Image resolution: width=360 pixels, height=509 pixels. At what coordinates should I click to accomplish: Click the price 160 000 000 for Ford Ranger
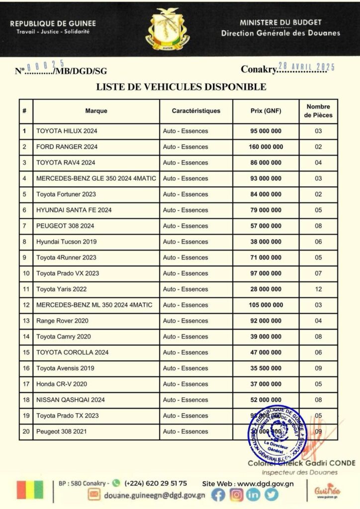pos(266,147)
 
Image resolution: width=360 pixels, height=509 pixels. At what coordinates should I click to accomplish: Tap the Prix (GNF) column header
pos(266,111)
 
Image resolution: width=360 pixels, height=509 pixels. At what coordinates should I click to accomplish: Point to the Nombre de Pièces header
pos(318,111)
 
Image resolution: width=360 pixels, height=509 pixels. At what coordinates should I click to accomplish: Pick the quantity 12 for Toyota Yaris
pos(318,289)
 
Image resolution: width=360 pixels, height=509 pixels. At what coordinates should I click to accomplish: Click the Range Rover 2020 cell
pos(55,321)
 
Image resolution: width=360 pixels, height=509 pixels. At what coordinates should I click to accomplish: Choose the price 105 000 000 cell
pos(266,305)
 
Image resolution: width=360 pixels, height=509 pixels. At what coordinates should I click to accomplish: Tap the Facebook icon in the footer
pos(219,495)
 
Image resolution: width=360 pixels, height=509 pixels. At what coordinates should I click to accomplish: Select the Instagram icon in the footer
pos(237,495)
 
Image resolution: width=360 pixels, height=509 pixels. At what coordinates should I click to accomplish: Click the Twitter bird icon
pos(271,495)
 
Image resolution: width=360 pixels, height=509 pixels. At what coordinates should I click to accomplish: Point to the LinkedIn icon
pos(254,495)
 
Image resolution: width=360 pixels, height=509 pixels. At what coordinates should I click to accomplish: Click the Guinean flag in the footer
pos(30,490)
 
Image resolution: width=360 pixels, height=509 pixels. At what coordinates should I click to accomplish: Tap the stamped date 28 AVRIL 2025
pos(307,67)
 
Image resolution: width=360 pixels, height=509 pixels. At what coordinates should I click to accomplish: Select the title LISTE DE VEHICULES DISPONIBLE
pos(180,87)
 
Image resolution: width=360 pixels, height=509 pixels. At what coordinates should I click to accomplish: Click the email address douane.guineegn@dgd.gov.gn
pos(154,495)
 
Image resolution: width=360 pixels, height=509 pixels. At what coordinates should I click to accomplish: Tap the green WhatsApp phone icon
pos(116,483)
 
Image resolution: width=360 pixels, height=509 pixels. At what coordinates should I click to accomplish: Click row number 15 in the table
pos(25,352)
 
